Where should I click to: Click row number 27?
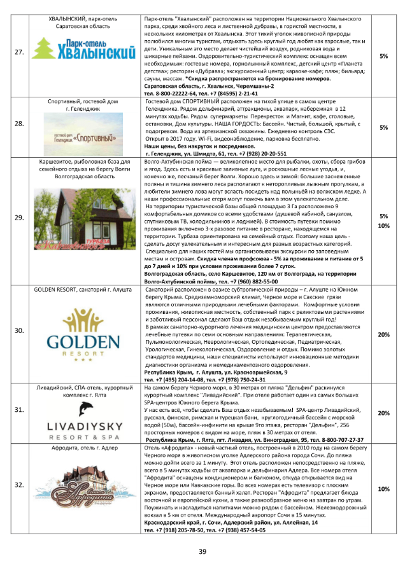click(x=19, y=55)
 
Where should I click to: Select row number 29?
click(x=19, y=217)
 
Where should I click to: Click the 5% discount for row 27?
click(x=383, y=56)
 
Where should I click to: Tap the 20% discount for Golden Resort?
click(x=383, y=334)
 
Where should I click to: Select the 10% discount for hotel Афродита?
click(x=383, y=489)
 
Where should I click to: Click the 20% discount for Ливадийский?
click(x=383, y=413)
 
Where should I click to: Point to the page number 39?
click(x=202, y=551)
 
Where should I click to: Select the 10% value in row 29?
click(x=383, y=225)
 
